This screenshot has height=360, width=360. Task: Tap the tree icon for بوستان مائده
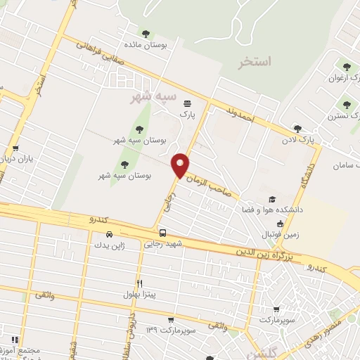point(146,33)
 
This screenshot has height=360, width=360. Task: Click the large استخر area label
point(254,62)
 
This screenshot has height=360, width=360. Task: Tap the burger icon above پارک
point(186,102)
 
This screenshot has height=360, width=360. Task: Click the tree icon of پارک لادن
point(297,129)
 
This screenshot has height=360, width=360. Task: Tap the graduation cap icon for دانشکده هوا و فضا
point(272,200)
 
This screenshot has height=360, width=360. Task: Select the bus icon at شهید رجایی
point(162,233)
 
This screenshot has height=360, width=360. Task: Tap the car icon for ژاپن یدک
point(109,234)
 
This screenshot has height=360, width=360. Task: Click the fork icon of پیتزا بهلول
point(140,283)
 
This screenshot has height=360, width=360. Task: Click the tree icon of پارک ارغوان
point(345,67)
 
